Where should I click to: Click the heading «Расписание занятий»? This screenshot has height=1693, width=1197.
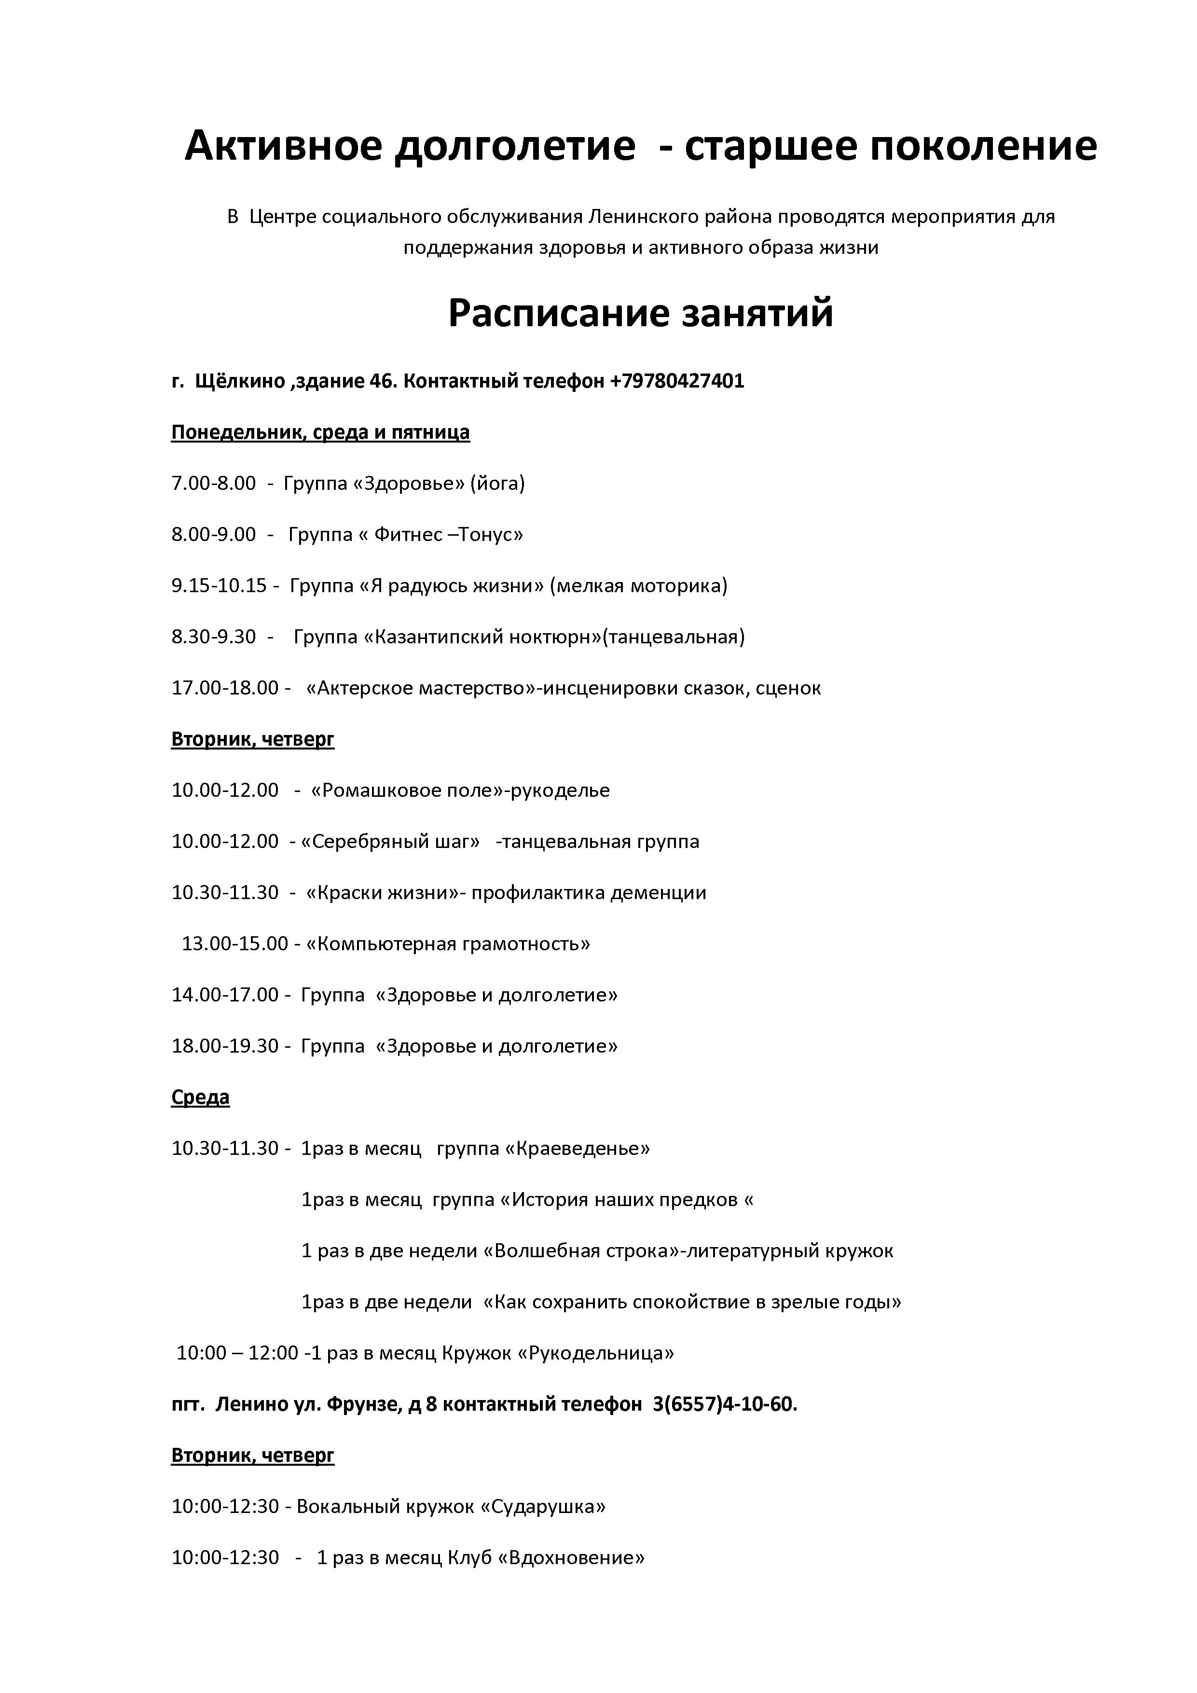641,313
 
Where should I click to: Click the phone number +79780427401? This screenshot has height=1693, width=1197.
676,381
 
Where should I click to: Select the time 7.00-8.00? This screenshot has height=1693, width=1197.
214,484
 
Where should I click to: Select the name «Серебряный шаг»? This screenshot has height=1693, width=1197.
391,841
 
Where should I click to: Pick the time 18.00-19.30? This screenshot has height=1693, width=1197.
225,1046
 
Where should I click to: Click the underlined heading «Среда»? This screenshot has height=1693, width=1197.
201,1097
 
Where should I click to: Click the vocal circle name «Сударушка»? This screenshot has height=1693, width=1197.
543,1506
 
